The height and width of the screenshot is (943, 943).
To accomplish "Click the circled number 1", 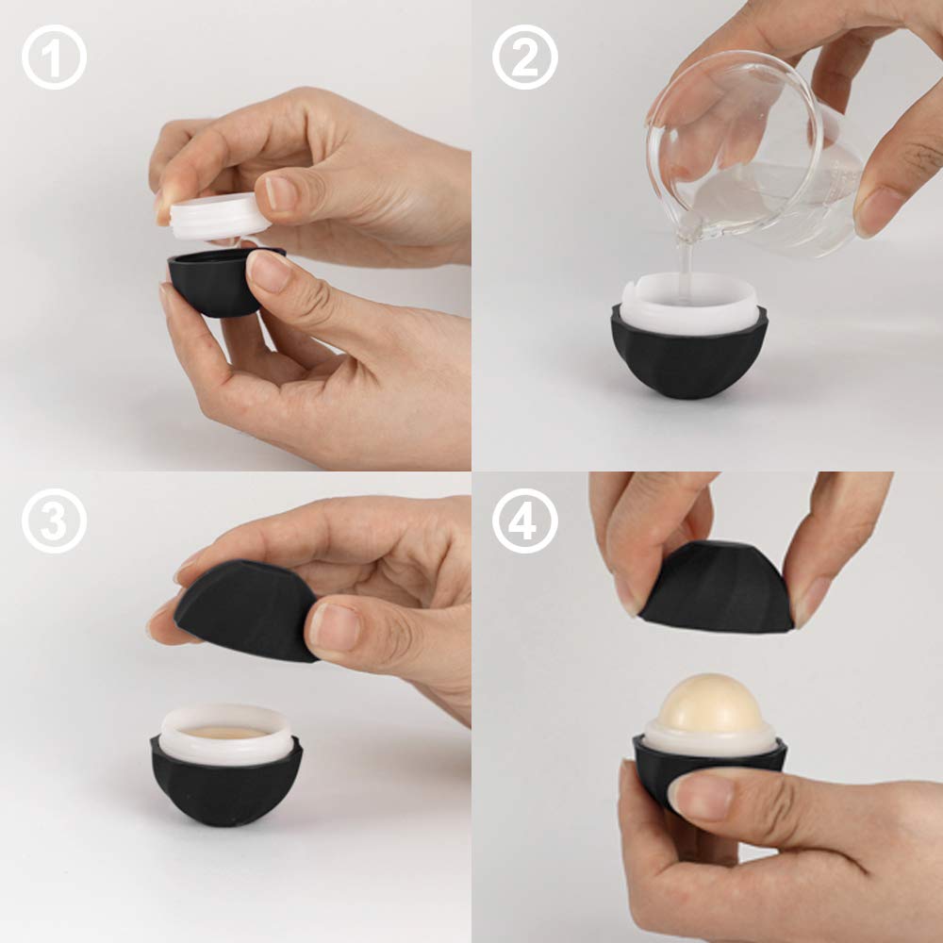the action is point(54,58).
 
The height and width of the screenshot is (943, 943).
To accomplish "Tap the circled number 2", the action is point(525,58).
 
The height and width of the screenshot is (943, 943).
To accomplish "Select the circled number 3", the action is point(54,521).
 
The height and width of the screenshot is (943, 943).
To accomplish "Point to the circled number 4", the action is point(525,521).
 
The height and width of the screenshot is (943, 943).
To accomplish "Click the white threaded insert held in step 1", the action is point(220,215).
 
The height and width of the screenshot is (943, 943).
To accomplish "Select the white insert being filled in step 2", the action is point(688,304).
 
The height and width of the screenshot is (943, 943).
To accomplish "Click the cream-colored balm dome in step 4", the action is point(711,704).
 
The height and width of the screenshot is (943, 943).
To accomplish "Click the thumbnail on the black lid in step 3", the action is point(335,628).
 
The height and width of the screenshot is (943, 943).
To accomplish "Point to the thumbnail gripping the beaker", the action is point(879,212).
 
